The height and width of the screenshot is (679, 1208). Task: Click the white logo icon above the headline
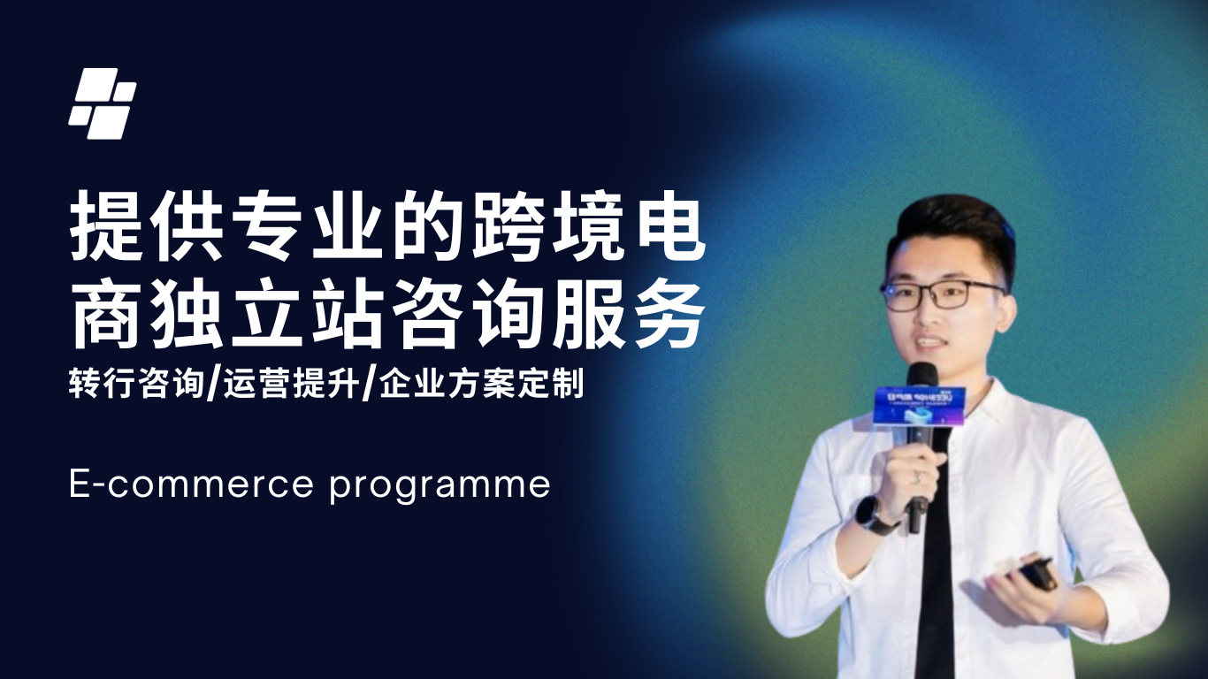pos(103,104)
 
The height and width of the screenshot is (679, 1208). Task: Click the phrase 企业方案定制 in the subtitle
pos(481,386)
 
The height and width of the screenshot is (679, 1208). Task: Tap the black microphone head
pos(921,375)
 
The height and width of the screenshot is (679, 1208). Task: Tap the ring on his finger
pos(917,477)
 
